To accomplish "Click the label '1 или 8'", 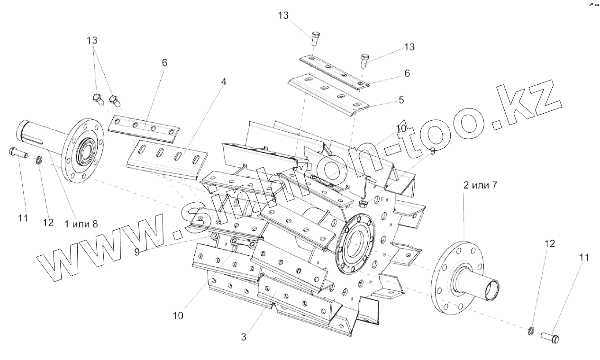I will click(81, 224).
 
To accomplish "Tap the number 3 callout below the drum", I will click(244, 337).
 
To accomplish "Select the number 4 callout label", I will click(223, 81).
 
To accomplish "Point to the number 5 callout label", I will click(401, 100).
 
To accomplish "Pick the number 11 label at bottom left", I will click(23, 218).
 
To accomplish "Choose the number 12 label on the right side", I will click(549, 244).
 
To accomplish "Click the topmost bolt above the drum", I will click(315, 37).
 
